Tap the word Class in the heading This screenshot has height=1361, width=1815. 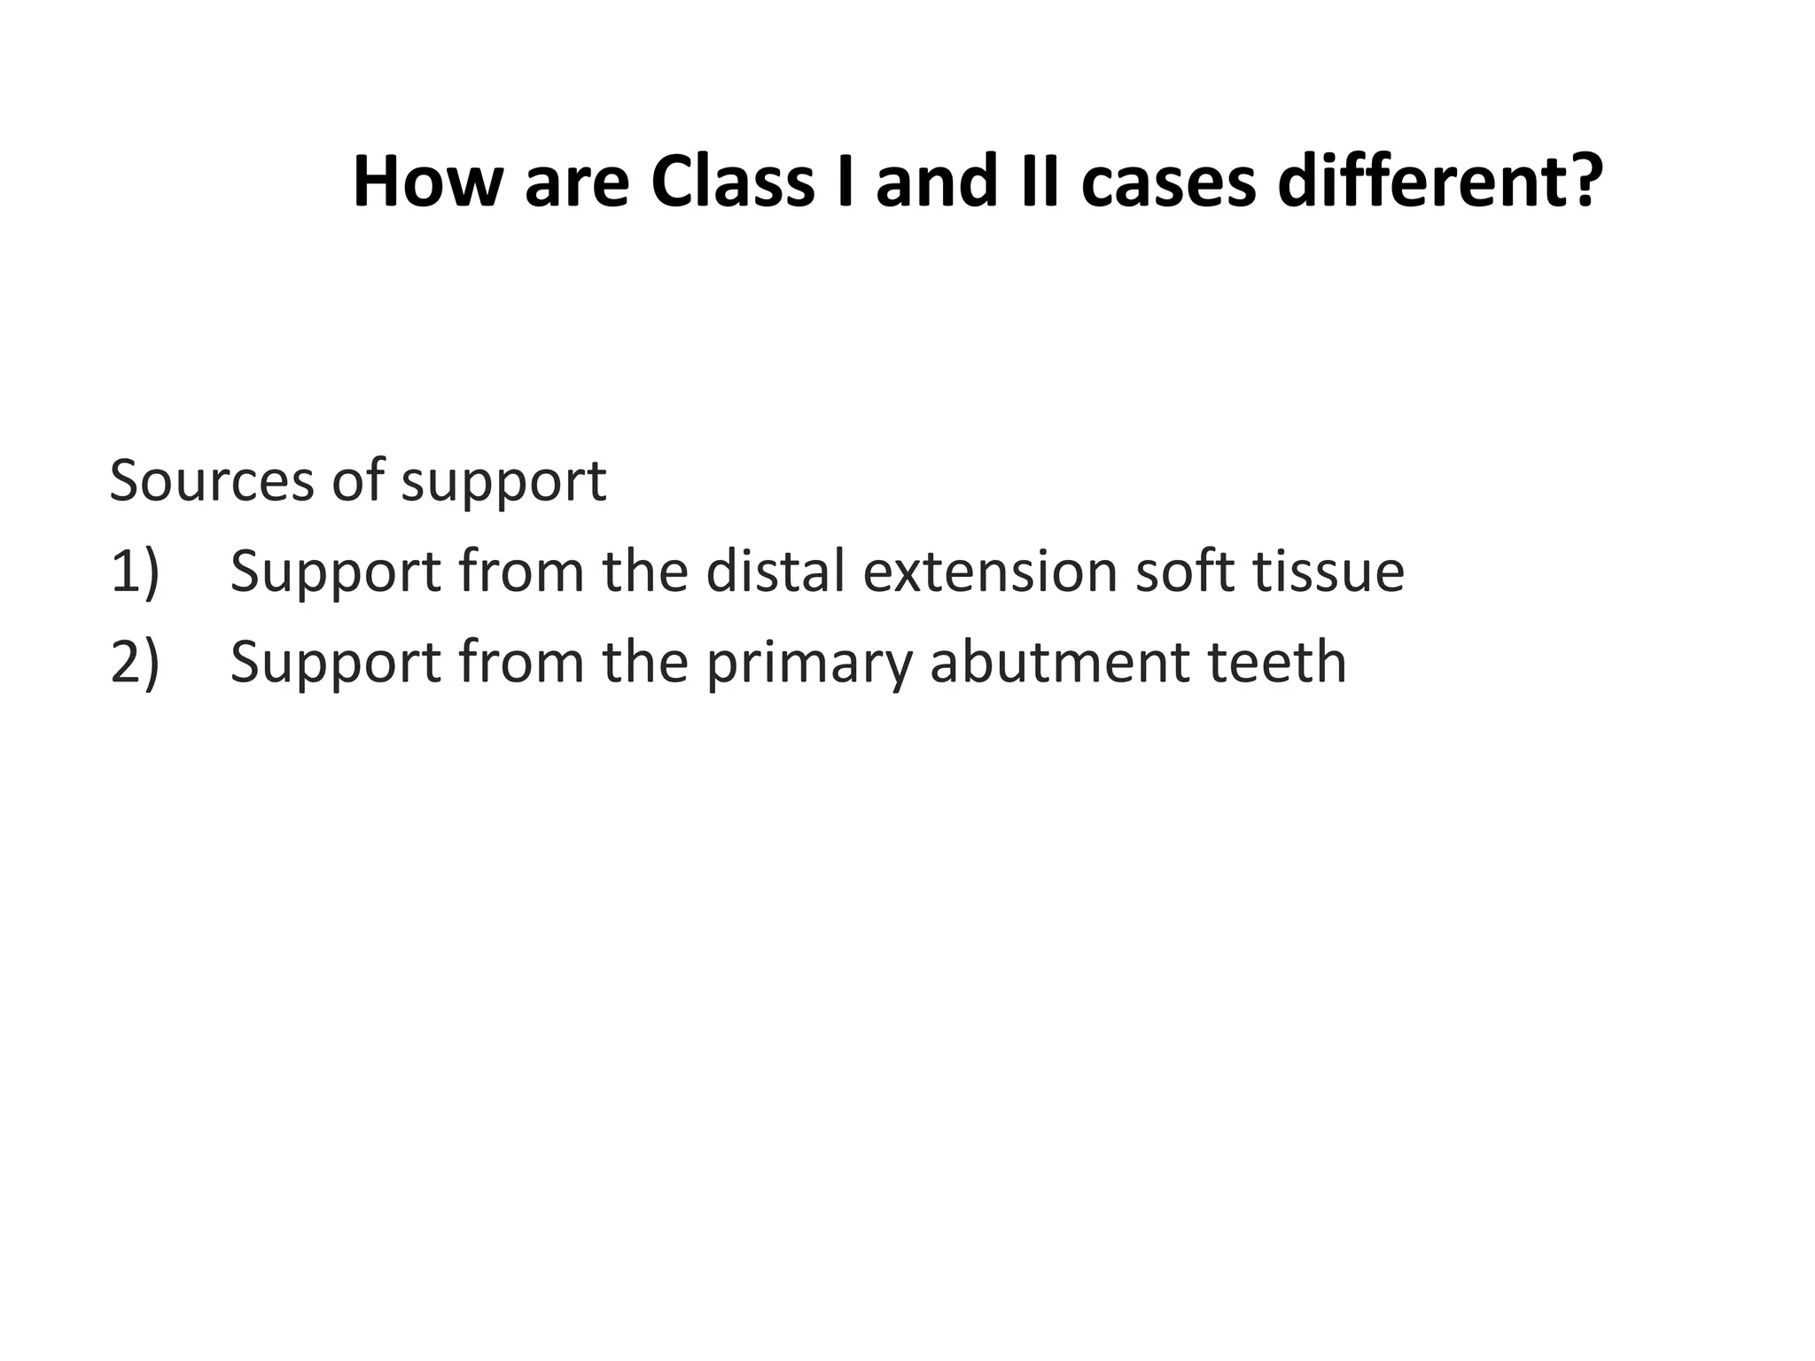coord(731,183)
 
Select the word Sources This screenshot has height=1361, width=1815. coord(212,481)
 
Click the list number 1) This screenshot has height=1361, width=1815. coord(135,572)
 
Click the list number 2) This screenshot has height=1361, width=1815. coord(135,662)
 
